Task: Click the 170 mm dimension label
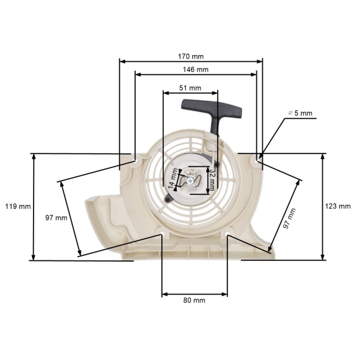191,56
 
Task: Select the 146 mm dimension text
196,70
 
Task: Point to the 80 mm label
194,300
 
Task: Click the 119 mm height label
17,206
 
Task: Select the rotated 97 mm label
290,218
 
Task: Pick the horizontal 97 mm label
56,218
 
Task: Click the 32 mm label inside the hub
213,178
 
